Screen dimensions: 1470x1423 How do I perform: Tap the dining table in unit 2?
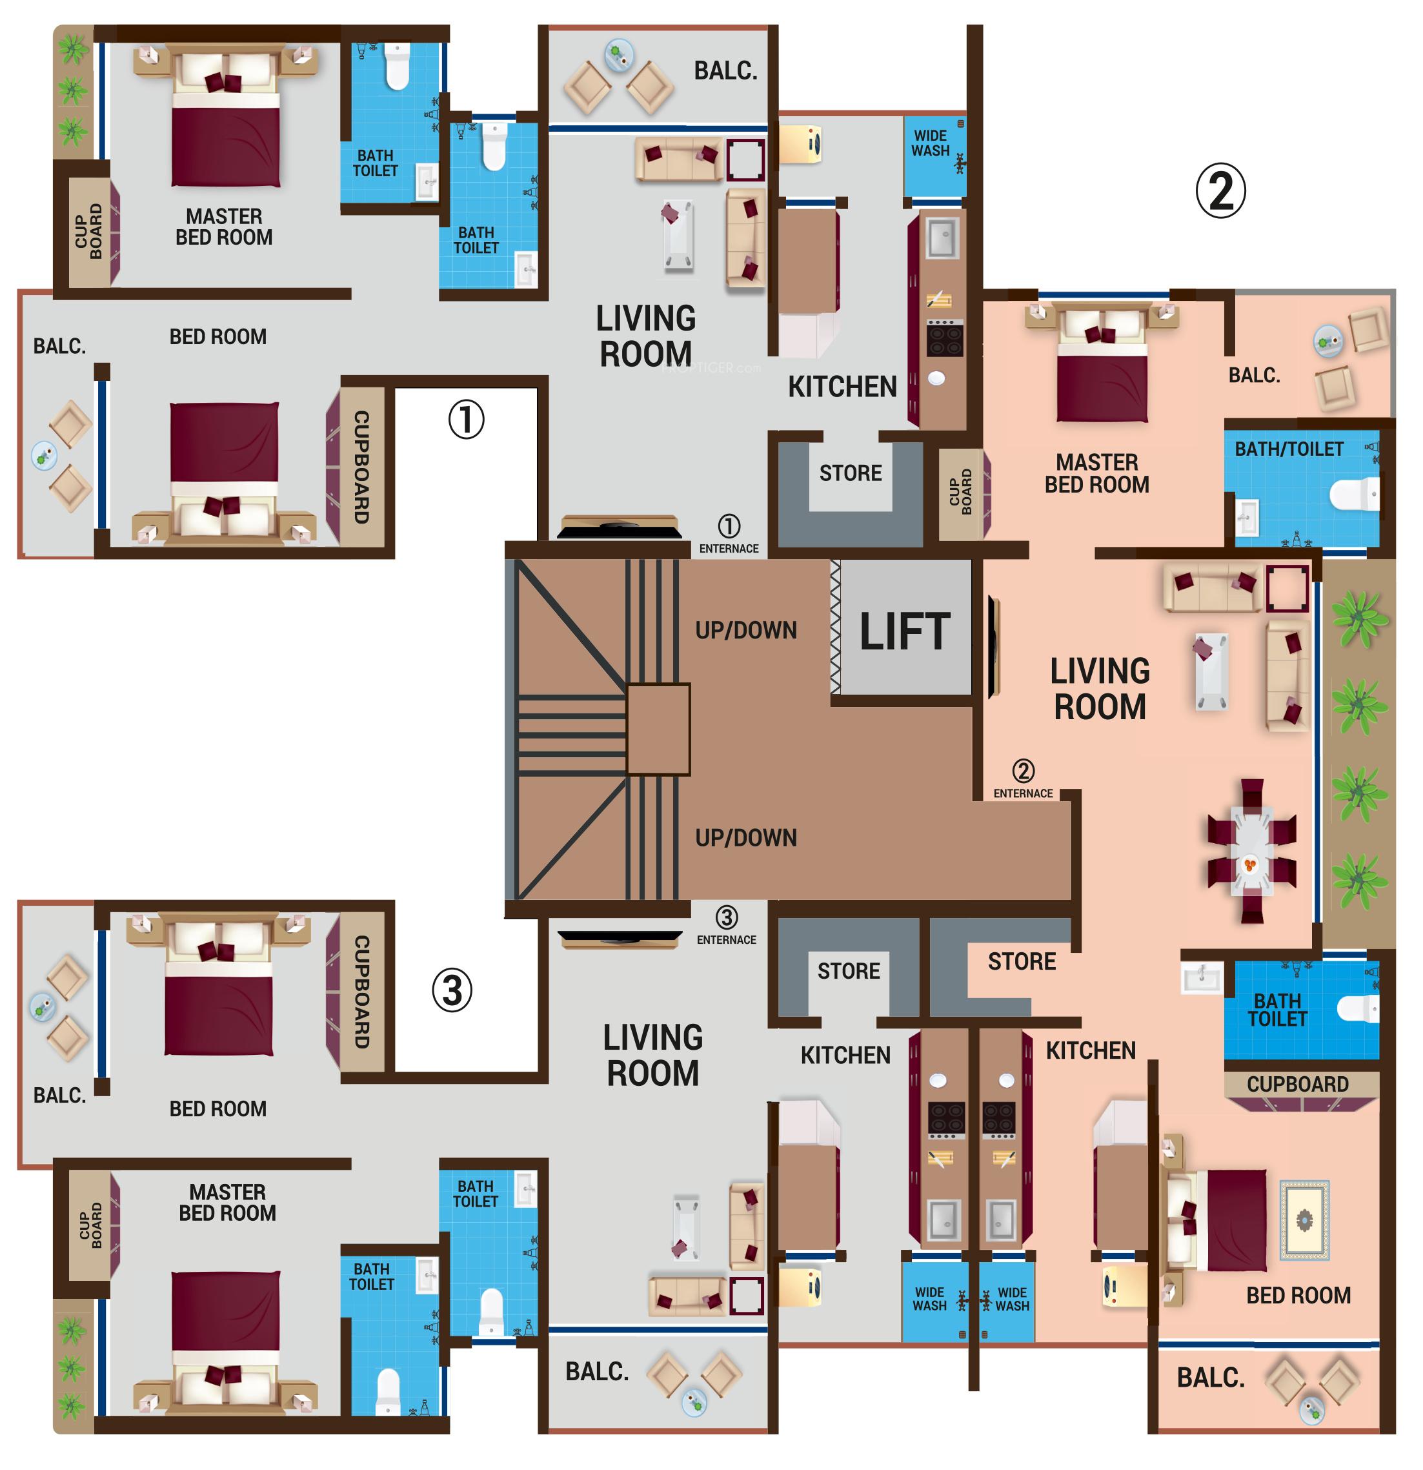coord(1251,852)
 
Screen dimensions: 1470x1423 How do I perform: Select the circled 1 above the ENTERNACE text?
coord(729,526)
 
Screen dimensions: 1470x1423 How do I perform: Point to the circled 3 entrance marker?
coord(726,917)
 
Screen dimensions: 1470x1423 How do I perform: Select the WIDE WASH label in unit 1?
coord(930,143)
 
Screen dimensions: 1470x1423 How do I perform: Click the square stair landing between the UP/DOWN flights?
coord(658,729)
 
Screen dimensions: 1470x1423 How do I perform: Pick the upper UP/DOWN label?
coord(745,631)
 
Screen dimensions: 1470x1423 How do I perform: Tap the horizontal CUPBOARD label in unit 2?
coord(1297,1085)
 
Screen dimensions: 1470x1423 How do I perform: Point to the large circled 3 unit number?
coord(452,991)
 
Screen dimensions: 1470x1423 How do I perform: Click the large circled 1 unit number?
coord(465,419)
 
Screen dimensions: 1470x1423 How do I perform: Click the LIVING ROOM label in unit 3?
coord(652,1056)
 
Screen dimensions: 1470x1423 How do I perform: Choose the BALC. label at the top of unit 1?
coord(725,71)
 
